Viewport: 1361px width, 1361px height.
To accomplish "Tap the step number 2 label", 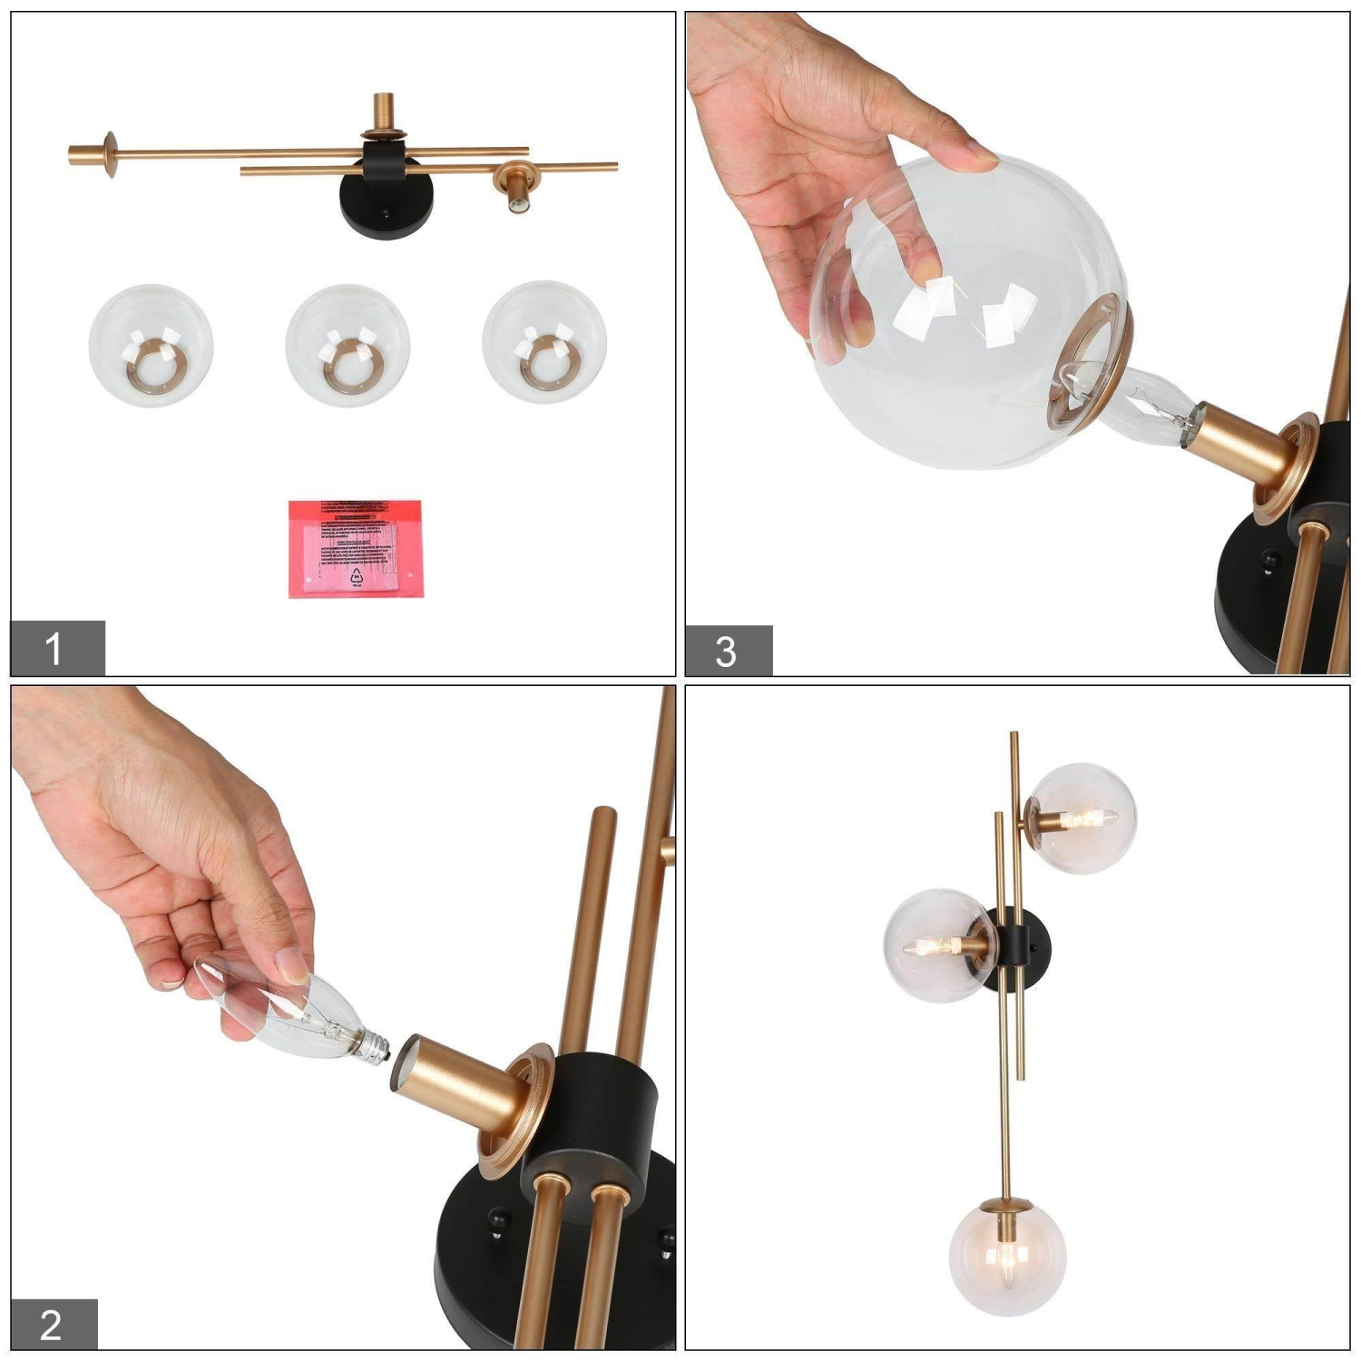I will click(x=53, y=1324).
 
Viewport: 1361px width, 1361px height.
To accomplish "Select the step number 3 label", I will click(x=728, y=651).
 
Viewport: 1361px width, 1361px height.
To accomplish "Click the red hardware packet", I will click(x=356, y=548).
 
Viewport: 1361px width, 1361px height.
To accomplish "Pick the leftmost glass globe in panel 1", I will click(x=151, y=345).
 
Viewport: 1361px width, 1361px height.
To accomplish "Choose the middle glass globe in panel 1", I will click(x=348, y=346).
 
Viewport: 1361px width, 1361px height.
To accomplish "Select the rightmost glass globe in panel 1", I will click(x=544, y=344).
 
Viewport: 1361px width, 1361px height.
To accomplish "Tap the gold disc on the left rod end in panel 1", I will click(x=111, y=154).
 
